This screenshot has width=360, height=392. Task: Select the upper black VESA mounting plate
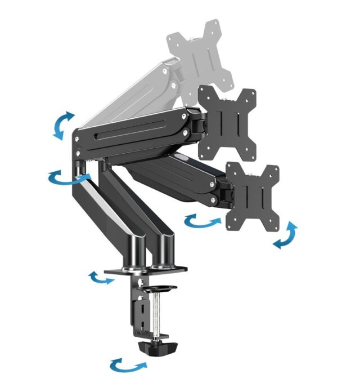tap(227, 121)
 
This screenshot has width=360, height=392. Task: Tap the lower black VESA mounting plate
tap(253, 197)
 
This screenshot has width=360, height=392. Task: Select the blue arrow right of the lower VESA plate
tap(286, 235)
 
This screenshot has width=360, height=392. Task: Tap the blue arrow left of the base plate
tap(102, 278)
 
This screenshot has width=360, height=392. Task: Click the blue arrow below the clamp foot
tap(128, 364)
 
